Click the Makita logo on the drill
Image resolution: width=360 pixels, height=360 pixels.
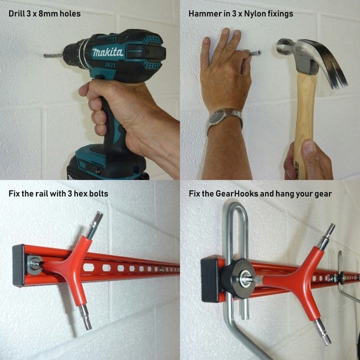click(108, 52)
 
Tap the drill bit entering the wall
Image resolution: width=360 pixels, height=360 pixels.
click(53, 56)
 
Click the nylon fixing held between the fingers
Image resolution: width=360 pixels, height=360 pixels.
click(255, 53)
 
